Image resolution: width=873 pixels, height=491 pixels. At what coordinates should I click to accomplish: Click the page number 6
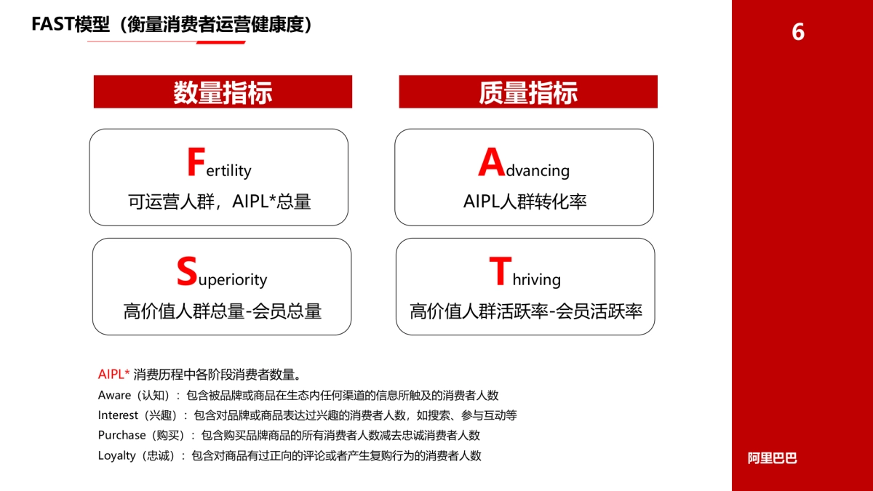point(798,33)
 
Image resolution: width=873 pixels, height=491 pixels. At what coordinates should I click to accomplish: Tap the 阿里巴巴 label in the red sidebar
point(772,458)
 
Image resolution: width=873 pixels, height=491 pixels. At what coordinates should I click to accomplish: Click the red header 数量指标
point(223,92)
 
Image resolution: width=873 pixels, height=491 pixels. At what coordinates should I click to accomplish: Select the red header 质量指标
point(528,92)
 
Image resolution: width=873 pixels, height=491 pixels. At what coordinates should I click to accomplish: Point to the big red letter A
point(491,163)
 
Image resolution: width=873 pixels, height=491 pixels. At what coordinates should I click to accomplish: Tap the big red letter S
point(187,272)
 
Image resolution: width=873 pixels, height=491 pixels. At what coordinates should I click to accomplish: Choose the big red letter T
point(500,272)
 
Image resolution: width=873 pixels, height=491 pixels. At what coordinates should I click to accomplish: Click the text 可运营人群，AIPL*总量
point(219,201)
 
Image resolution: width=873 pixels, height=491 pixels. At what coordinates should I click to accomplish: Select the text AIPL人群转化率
point(525,201)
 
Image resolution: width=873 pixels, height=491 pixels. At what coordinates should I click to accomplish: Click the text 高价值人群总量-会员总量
point(222,311)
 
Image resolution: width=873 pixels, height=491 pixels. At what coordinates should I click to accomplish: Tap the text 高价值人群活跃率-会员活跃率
point(526,311)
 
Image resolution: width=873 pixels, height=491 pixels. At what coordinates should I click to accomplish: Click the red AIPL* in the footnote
point(113,375)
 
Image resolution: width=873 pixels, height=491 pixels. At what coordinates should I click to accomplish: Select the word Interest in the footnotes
point(118,415)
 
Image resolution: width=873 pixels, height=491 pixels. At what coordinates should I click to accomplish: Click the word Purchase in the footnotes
point(121,435)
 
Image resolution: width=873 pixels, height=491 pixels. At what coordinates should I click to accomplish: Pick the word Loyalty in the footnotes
point(116,455)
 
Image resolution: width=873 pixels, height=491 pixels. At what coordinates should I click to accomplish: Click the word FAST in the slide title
point(53,24)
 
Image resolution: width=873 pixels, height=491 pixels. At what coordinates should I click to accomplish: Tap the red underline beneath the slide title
point(166,42)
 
